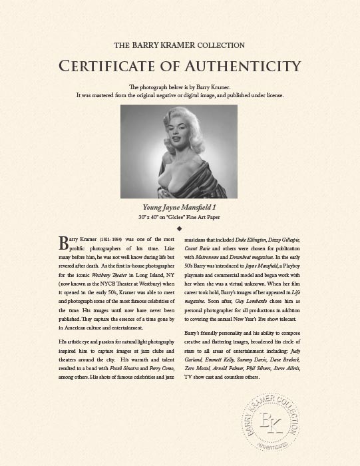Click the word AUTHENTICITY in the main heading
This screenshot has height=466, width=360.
click(x=246, y=66)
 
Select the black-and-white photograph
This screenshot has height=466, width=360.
click(x=179, y=151)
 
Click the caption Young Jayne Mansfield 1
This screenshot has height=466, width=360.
click(x=180, y=206)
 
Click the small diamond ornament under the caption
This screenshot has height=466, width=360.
click(x=180, y=228)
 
